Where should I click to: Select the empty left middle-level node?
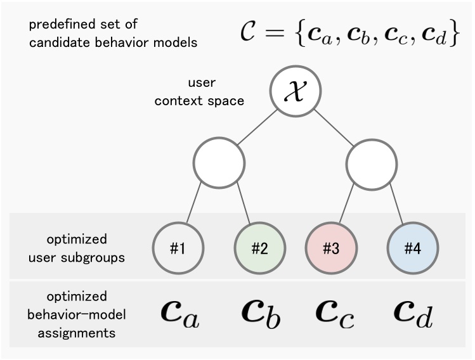click(219, 164)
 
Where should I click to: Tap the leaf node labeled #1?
click(178, 248)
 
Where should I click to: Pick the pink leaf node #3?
click(330, 248)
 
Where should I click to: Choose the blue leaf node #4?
click(412, 248)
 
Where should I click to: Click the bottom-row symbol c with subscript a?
click(178, 314)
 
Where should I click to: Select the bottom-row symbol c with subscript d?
click(413, 314)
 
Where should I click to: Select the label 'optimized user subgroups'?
click(77, 248)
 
